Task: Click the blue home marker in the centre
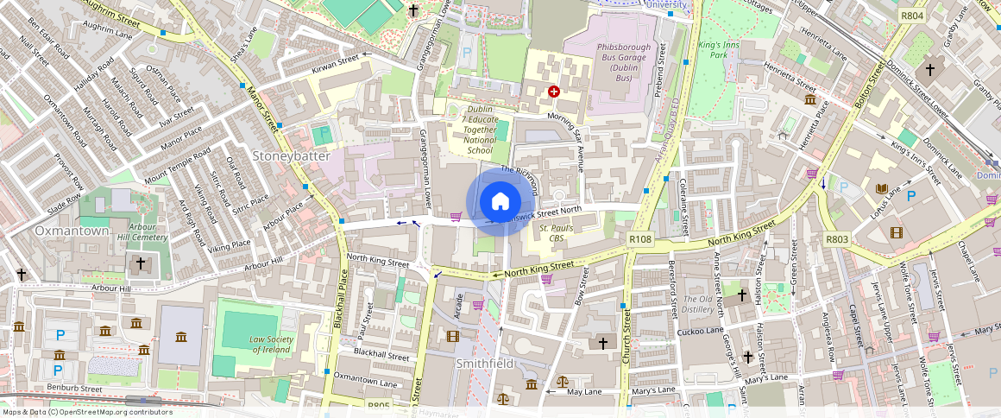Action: pos(500,202)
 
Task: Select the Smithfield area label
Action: pos(485,363)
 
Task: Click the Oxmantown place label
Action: pos(72,231)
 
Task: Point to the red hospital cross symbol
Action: pos(553,91)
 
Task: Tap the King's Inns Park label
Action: pos(714,48)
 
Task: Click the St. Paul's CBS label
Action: pos(557,232)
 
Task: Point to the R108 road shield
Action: pos(639,238)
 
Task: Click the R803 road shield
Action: pos(836,239)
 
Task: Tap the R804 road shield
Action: pos(911,16)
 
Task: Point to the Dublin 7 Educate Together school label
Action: pos(480,130)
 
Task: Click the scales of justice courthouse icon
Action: pos(563,381)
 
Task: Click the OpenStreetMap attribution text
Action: pos(87,412)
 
